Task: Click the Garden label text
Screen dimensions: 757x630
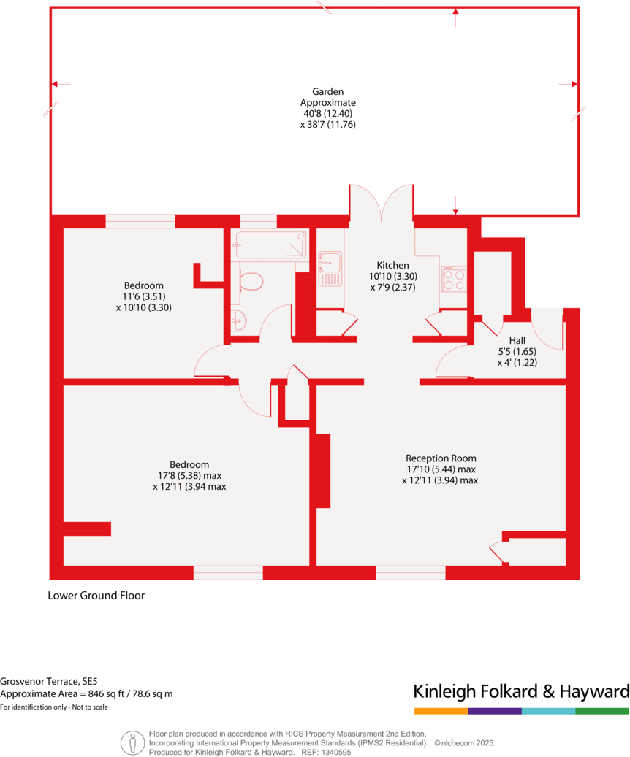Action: click(x=327, y=92)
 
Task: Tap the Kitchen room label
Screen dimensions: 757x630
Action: click(x=392, y=265)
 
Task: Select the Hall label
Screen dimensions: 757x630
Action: click(x=517, y=340)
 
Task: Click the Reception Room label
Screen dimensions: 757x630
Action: click(x=441, y=458)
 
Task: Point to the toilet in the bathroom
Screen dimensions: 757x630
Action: click(x=251, y=281)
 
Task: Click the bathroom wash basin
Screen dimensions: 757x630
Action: click(x=239, y=319)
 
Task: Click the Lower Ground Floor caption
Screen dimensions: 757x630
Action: click(x=96, y=595)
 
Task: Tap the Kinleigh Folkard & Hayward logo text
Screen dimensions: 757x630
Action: click(x=520, y=691)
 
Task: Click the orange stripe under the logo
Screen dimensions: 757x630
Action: click(x=441, y=711)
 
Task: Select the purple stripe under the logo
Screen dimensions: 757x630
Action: click(x=495, y=711)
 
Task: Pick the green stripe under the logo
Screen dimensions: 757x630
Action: click(x=601, y=711)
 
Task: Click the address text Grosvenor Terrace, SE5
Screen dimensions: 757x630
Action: click(x=49, y=680)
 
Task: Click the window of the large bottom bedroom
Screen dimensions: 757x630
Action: click(x=228, y=573)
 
